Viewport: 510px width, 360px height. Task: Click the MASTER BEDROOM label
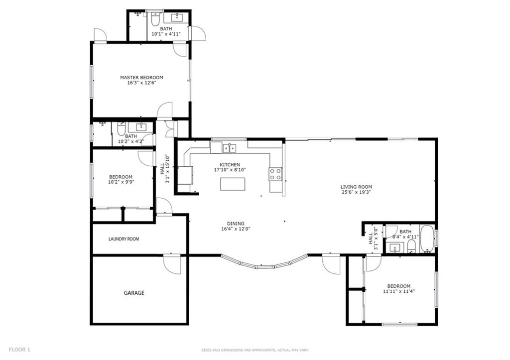141,77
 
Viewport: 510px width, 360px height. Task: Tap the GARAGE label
134,293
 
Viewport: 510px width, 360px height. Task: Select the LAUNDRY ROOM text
124,239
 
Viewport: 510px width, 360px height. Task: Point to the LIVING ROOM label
356,187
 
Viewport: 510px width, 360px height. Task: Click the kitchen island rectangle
233,184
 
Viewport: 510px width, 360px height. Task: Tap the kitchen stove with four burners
275,174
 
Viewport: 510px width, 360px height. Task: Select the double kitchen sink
229,148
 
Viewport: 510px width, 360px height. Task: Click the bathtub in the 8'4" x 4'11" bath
426,239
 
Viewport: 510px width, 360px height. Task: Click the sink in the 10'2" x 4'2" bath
142,126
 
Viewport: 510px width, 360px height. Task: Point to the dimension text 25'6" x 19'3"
356,192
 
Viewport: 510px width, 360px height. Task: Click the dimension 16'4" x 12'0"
236,229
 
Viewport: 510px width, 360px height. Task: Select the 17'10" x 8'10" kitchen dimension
230,170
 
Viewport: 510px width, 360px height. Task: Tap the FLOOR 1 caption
19,350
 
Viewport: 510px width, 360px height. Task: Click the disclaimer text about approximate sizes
255,350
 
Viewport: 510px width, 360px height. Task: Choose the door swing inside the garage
172,264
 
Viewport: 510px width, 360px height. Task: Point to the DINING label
236,224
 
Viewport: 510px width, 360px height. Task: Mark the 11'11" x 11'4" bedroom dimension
398,291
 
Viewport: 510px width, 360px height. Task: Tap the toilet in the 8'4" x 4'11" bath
411,247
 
